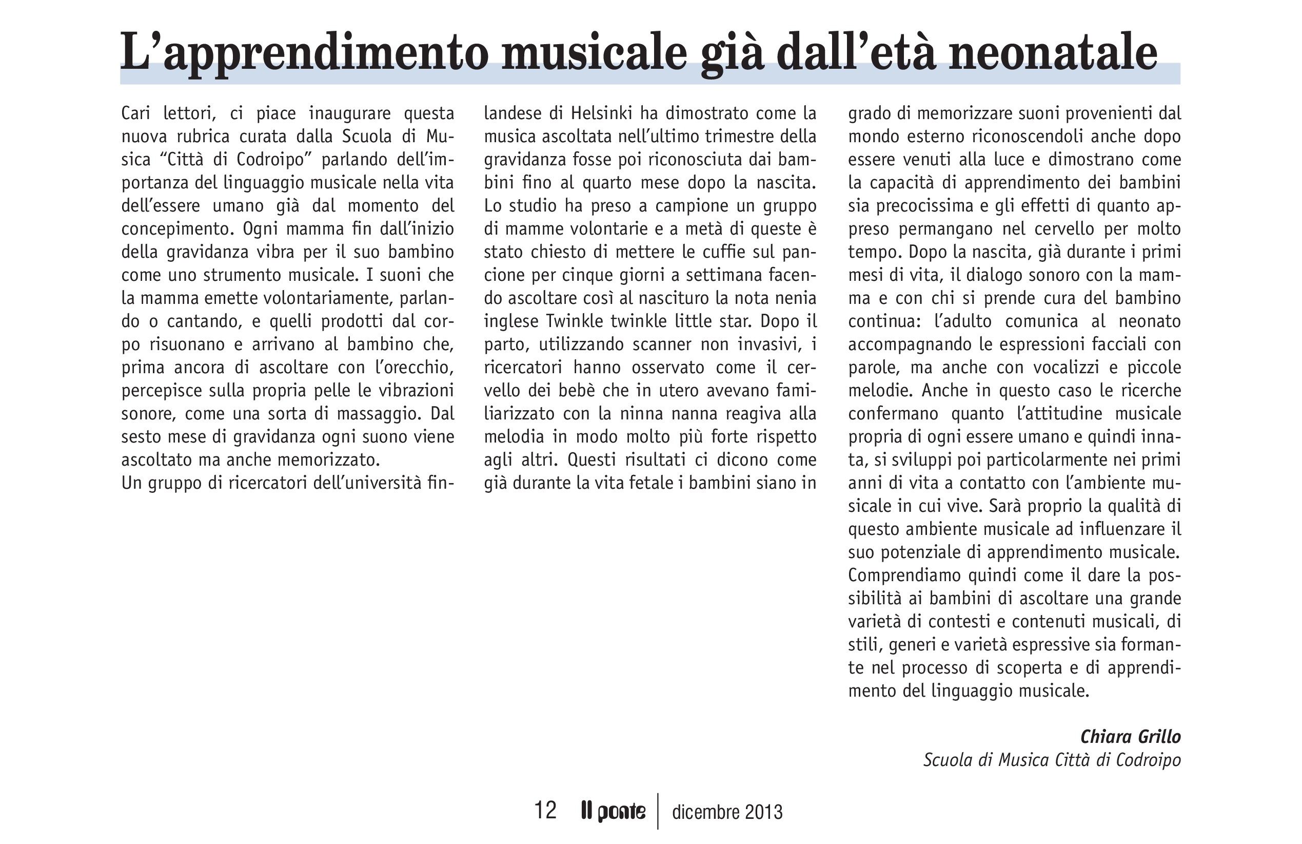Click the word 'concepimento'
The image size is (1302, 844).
(x=174, y=229)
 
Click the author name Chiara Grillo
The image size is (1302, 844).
(x=1130, y=737)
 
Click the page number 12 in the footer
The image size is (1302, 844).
(x=545, y=810)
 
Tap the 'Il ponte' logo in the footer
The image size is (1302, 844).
(x=613, y=811)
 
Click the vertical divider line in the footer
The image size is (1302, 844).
(x=658, y=811)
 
